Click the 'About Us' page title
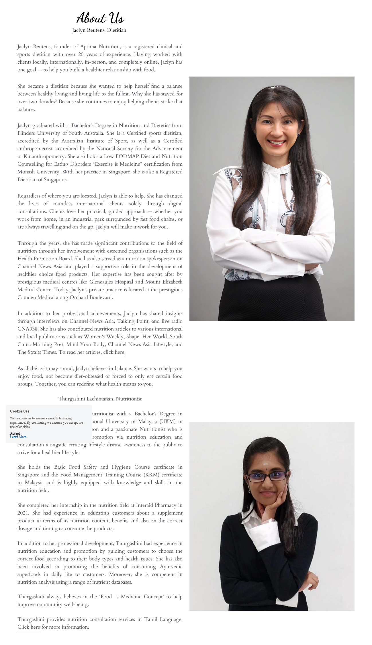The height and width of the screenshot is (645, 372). [x=100, y=18]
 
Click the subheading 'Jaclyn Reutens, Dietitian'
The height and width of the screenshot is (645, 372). [x=99, y=30]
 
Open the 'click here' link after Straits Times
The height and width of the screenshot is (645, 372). [x=114, y=352]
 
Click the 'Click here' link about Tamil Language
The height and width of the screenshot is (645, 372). [x=29, y=627]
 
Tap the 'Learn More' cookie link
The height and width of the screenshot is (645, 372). [x=18, y=437]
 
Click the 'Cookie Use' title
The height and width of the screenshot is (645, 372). [x=19, y=411]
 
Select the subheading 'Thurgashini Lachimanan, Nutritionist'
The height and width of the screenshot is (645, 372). [x=100, y=399]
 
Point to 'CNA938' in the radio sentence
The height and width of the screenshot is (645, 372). [x=28, y=329]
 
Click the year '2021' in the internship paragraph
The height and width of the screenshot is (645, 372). [x=23, y=513]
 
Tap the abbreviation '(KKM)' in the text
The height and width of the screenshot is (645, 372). [x=152, y=475]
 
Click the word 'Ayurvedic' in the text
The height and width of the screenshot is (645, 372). [x=171, y=566]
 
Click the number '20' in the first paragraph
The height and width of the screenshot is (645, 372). [x=81, y=54]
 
